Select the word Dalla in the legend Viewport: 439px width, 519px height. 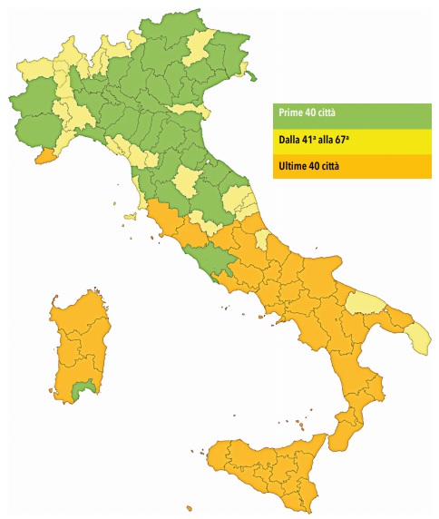[290, 140]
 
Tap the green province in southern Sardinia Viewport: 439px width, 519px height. [83, 390]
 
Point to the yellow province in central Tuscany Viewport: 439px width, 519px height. [189, 181]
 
